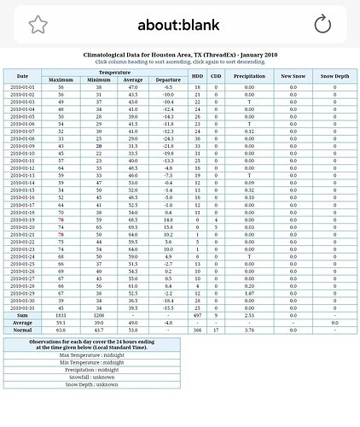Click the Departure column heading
[169, 80]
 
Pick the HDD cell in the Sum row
[197, 315]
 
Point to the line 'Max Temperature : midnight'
[96, 354]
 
